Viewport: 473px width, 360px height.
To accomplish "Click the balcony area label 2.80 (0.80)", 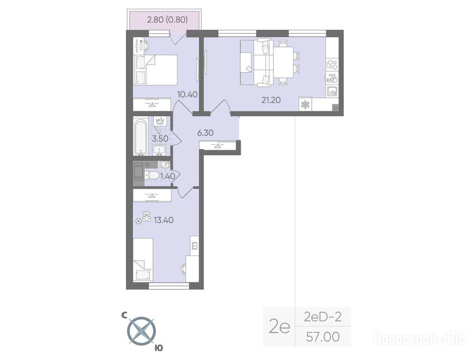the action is point(167,20).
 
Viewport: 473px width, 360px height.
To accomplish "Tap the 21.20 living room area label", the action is point(271,100).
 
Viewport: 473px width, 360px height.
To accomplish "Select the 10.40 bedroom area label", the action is point(187,95).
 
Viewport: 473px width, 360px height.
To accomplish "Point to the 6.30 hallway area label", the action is point(205,133).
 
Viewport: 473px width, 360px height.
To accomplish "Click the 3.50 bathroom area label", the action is point(160,139).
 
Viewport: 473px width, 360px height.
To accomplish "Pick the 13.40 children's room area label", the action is point(164,220).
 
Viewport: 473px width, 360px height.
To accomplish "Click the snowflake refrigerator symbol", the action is point(306,105).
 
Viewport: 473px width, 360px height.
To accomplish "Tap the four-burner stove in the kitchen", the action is point(332,65).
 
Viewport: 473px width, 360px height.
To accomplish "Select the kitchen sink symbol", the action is point(332,90).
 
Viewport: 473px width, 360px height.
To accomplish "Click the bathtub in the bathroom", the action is point(141,138).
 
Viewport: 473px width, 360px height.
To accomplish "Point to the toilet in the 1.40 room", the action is point(152,175).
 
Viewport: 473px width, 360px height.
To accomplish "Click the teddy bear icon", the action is point(147,217).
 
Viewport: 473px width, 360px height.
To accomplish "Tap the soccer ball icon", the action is point(139,221).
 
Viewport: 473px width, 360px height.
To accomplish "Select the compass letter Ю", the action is point(159,348).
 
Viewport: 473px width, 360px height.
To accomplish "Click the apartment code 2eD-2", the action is point(323,317).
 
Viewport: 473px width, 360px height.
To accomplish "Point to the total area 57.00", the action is point(323,337).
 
